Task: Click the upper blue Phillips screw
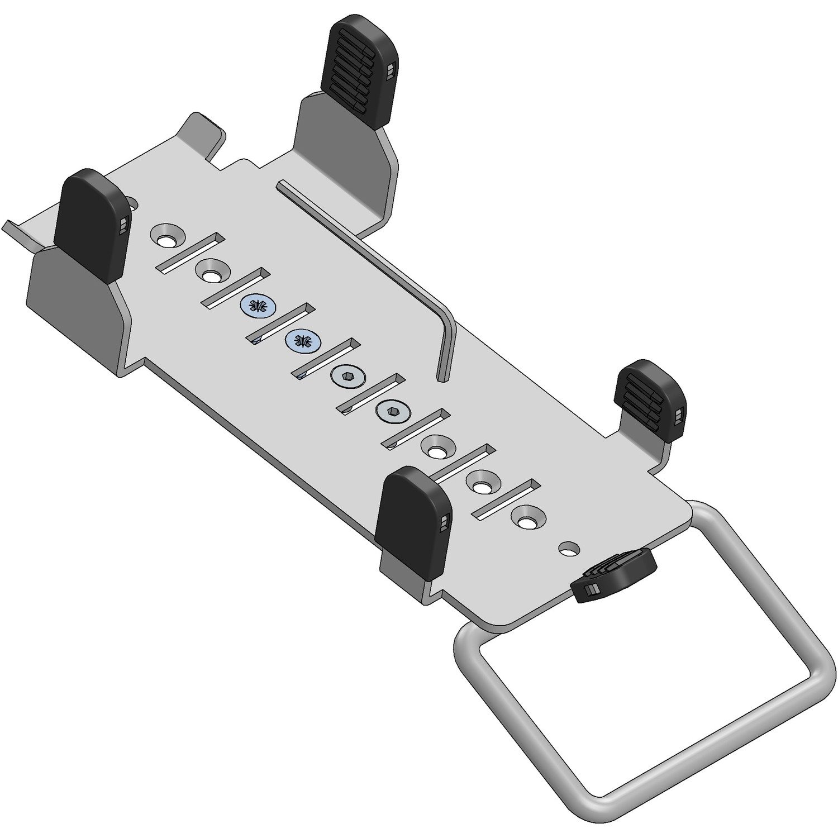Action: point(258,305)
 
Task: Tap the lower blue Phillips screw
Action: point(303,339)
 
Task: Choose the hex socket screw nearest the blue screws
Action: point(347,375)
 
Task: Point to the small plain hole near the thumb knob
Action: point(569,547)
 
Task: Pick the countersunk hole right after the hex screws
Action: point(437,447)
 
